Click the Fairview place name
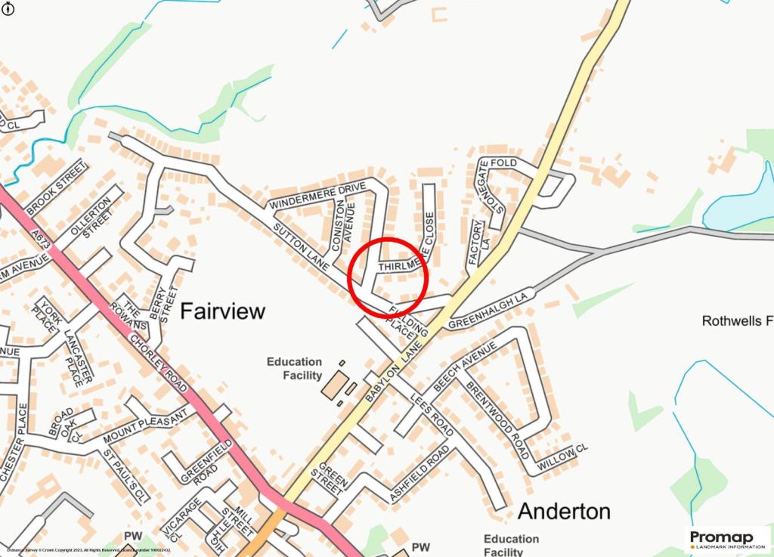click(x=223, y=311)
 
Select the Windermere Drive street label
click(x=317, y=195)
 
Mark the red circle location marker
click(x=389, y=277)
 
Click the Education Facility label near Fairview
click(x=294, y=369)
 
